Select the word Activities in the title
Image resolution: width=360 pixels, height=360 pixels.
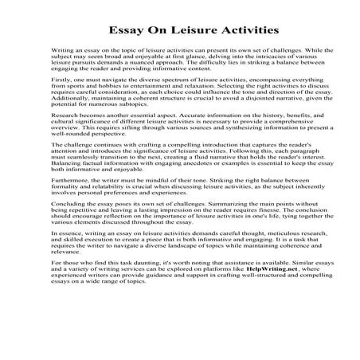pyautogui.click(x=240, y=31)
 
